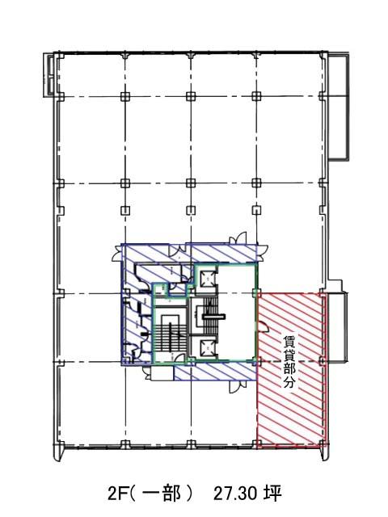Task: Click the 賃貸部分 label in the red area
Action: (289, 361)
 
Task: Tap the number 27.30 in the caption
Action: (235, 494)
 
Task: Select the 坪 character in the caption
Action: (273, 494)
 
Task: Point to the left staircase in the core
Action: (170, 332)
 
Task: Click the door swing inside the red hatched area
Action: (263, 326)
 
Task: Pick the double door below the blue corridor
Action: (238, 386)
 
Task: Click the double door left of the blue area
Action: (116, 253)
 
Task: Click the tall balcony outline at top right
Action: (338, 107)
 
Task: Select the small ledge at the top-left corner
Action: (49, 74)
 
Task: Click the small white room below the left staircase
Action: (162, 373)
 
